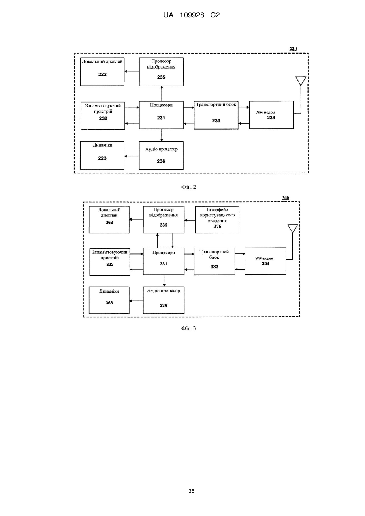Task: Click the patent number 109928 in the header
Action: click(192, 15)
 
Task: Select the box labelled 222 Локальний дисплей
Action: click(102, 72)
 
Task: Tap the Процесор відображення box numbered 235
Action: click(161, 72)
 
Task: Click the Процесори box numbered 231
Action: click(161, 115)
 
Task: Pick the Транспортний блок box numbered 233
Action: click(216, 115)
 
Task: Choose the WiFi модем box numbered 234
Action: click(271, 115)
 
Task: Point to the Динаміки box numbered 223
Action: click(102, 156)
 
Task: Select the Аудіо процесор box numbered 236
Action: click(161, 156)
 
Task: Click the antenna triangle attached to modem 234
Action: click(301, 81)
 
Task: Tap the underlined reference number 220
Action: click(293, 49)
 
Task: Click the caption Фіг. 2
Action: click(189, 187)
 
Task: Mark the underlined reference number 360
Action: click(286, 198)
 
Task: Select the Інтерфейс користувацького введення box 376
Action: click(217, 220)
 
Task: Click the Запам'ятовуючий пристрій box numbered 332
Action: click(110, 262)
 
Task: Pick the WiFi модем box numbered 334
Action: click(265, 261)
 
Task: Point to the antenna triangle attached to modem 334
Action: click(293, 228)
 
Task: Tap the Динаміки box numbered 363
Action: click(109, 300)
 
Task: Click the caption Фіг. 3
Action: click(189, 328)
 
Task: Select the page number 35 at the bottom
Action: click(191, 491)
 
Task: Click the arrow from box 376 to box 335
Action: click(190, 220)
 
